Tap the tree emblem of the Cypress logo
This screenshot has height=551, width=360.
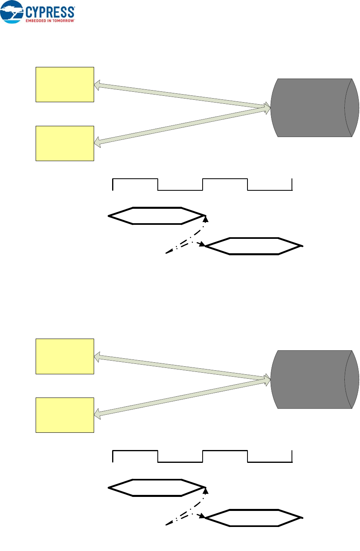(x=12, y=11)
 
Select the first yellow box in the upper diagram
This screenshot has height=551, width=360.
(x=64, y=85)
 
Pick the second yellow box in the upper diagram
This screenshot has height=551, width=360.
(x=64, y=143)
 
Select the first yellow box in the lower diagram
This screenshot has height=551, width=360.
(x=64, y=356)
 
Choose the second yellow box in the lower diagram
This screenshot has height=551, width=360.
(x=64, y=415)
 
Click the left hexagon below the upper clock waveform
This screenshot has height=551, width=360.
(x=157, y=216)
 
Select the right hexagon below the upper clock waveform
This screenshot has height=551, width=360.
(x=253, y=246)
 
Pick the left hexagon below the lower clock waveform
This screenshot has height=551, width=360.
(x=157, y=488)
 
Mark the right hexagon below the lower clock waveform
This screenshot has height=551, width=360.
(x=253, y=518)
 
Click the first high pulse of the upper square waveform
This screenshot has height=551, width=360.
(x=135, y=180)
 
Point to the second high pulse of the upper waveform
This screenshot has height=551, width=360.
(x=225, y=180)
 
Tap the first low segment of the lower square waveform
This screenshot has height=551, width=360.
(x=180, y=462)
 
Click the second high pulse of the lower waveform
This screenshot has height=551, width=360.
(x=225, y=451)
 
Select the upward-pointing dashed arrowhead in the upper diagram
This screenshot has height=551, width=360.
(x=206, y=219)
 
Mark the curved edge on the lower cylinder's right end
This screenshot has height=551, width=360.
(x=352, y=379)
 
